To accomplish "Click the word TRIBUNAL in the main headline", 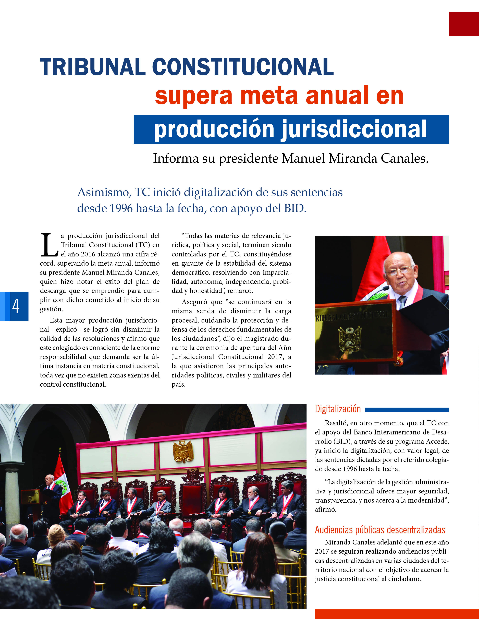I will point(92,67).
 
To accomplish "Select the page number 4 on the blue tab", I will point(16,306).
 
